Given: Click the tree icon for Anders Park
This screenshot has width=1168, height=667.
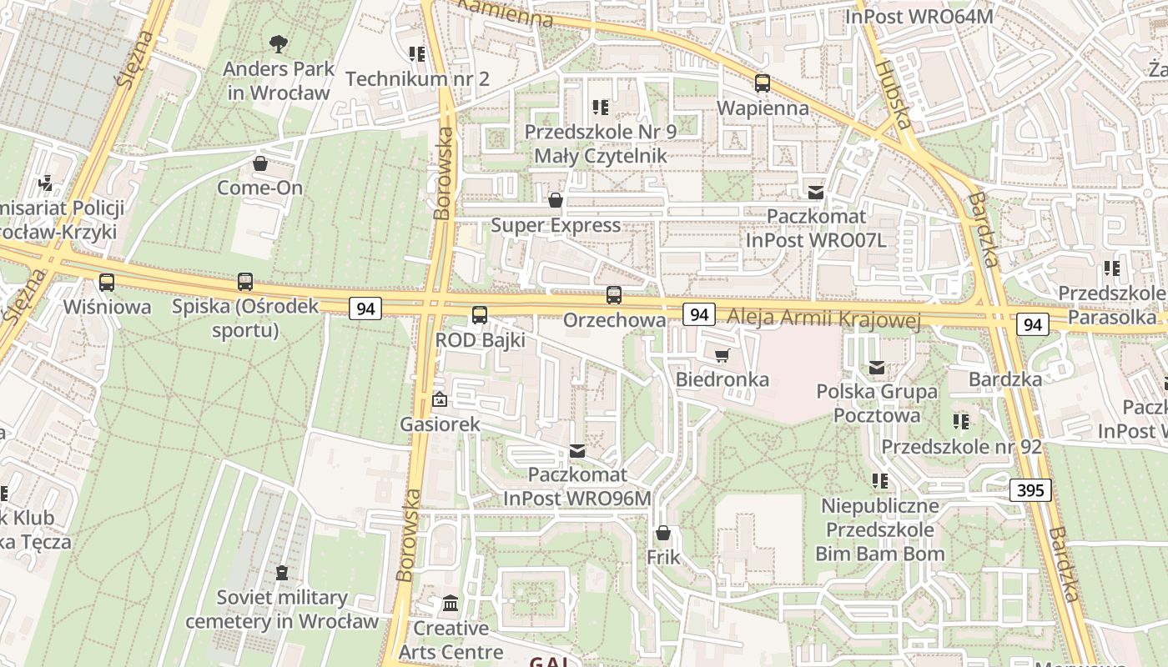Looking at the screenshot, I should coord(278,43).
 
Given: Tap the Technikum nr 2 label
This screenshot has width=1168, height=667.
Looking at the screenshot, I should coord(416,79).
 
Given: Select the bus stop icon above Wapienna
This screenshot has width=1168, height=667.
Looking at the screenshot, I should coord(763,83).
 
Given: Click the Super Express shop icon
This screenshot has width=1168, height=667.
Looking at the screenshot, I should coord(556,201).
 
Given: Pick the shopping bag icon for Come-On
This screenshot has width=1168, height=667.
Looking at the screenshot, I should coord(260,163).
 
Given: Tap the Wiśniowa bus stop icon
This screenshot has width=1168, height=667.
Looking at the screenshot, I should coord(107,283).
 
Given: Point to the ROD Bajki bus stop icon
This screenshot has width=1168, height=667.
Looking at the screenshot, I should coord(480,315).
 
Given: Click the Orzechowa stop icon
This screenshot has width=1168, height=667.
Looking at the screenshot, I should coord(614,295).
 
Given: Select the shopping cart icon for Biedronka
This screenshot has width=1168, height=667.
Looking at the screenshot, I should coord(722,356).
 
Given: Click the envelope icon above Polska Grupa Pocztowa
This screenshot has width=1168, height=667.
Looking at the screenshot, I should coord(877,368).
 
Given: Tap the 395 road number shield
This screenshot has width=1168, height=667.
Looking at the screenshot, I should coord(1030,490).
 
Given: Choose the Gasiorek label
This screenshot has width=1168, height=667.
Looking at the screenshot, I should coord(440,424).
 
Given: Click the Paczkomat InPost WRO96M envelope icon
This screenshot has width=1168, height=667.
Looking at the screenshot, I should coord(577,451).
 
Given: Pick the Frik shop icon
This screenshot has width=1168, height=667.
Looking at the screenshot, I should coord(663,533).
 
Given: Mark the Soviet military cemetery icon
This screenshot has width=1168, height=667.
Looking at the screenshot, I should coord(282,573).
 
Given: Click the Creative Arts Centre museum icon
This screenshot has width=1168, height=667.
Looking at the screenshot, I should coord(451,603).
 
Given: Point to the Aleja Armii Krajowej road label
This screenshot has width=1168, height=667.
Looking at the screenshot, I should coord(823,318).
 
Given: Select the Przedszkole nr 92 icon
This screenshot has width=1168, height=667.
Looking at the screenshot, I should coord(961,422).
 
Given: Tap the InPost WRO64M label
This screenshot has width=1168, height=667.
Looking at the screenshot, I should coord(919,16).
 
